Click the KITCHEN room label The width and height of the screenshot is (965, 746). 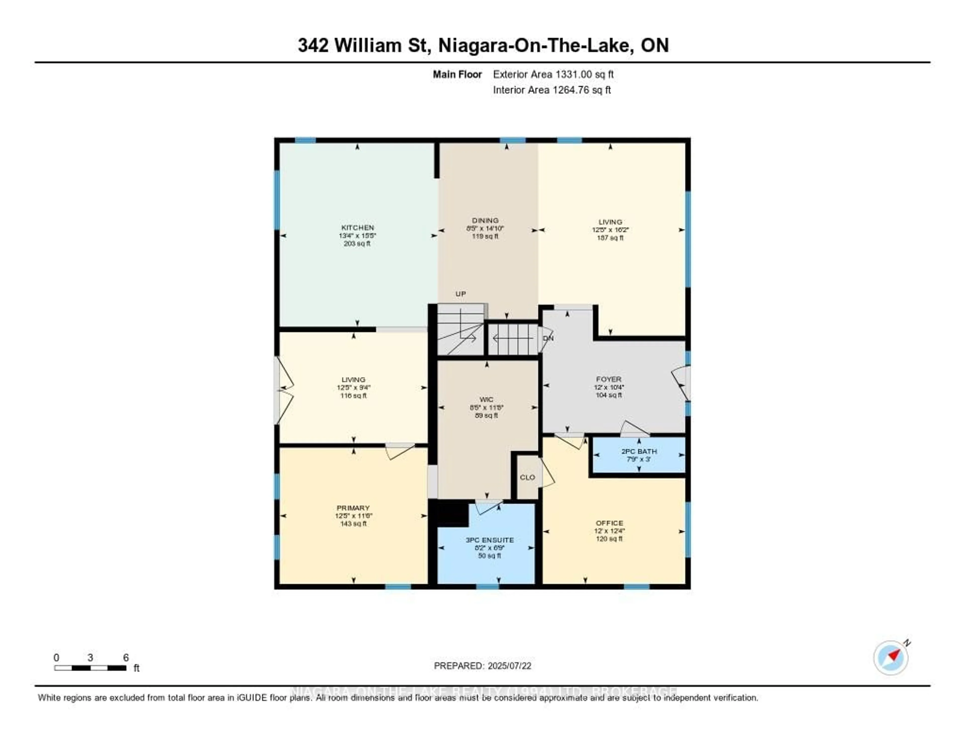[x=357, y=228]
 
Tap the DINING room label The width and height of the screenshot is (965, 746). [x=485, y=220]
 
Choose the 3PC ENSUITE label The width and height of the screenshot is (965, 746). [x=490, y=540]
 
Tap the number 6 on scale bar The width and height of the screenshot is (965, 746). [x=126, y=657]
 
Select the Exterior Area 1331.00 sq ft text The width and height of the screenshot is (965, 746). [x=553, y=74]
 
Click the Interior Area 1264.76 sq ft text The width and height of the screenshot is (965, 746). [x=552, y=90]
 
